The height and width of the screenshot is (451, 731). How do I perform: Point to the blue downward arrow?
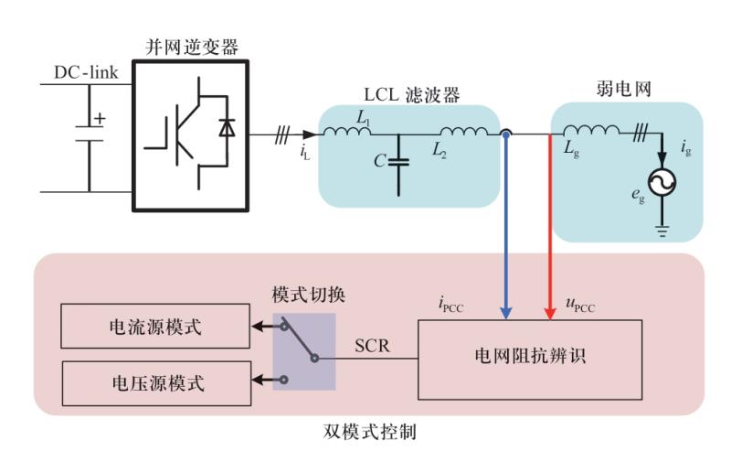click(x=505, y=229)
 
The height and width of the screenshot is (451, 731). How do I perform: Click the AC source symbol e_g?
click(x=662, y=184)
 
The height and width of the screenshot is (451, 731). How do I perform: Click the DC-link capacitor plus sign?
click(x=99, y=118)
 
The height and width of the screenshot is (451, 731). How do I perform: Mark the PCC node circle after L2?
click(x=505, y=134)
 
